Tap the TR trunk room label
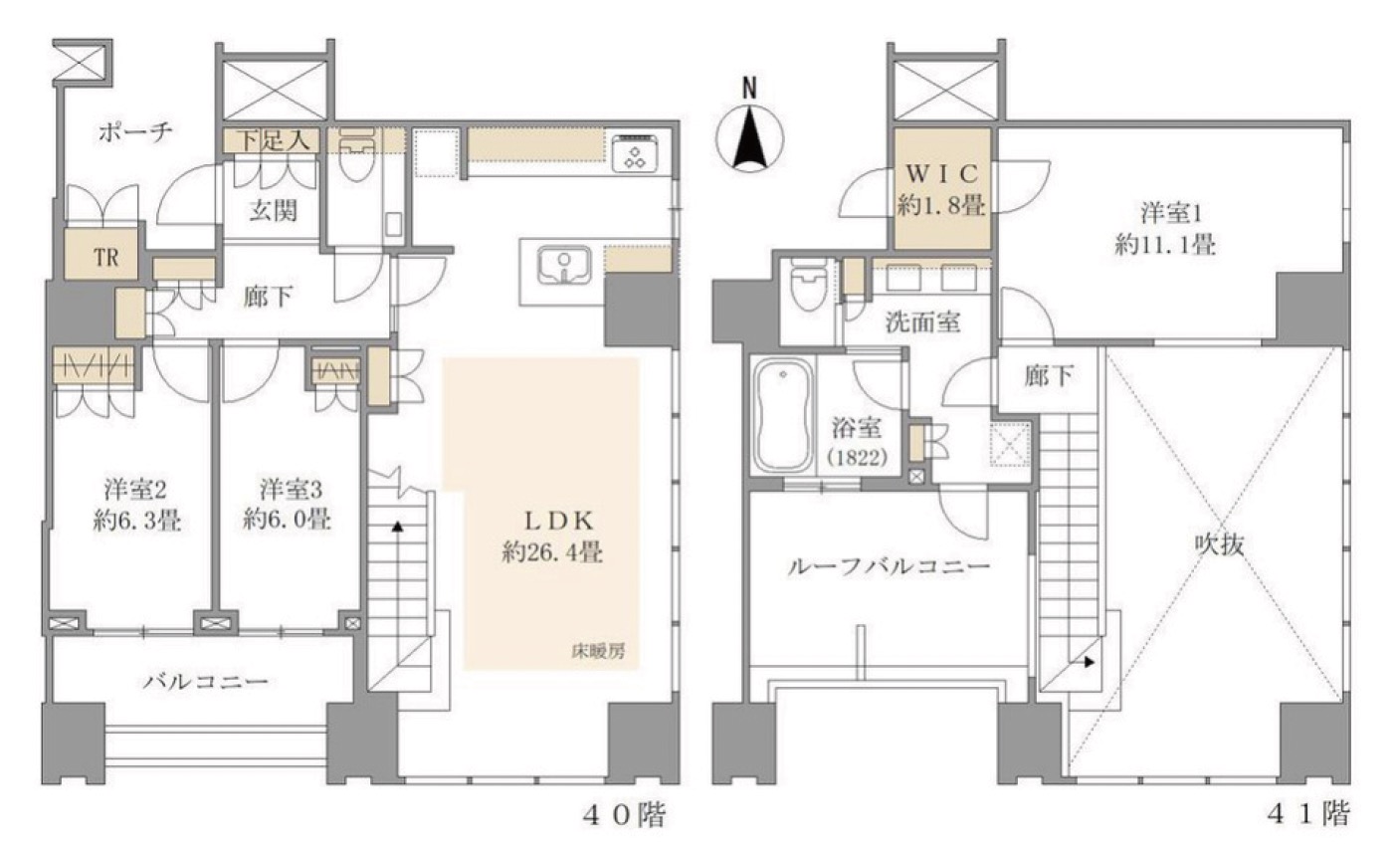click(106, 258)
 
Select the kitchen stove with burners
click(635, 152)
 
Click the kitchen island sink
click(564, 266)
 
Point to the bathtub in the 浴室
click(783, 415)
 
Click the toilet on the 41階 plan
click(807, 286)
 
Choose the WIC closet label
click(941, 174)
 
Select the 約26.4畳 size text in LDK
click(552, 552)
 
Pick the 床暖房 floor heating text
click(598, 652)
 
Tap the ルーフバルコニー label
click(889, 566)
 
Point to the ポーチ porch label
click(135, 131)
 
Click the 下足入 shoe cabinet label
click(274, 140)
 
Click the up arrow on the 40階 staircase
click(397, 528)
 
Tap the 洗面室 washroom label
click(922, 322)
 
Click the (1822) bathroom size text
click(857, 458)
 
